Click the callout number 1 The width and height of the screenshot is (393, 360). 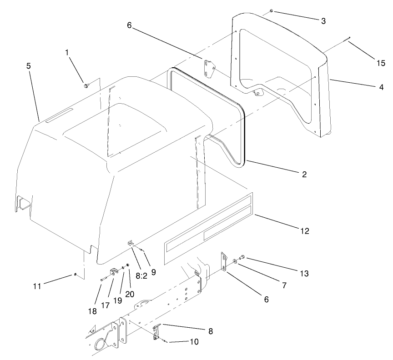pyautogui.click(x=67, y=53)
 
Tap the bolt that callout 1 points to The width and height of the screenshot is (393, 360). pyautogui.click(x=86, y=85)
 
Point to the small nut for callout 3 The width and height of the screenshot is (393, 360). pyautogui.click(x=271, y=10)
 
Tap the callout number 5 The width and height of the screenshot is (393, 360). pyautogui.click(x=29, y=66)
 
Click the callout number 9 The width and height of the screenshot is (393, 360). pyautogui.click(x=153, y=272)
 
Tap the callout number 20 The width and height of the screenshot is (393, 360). pyautogui.click(x=131, y=294)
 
